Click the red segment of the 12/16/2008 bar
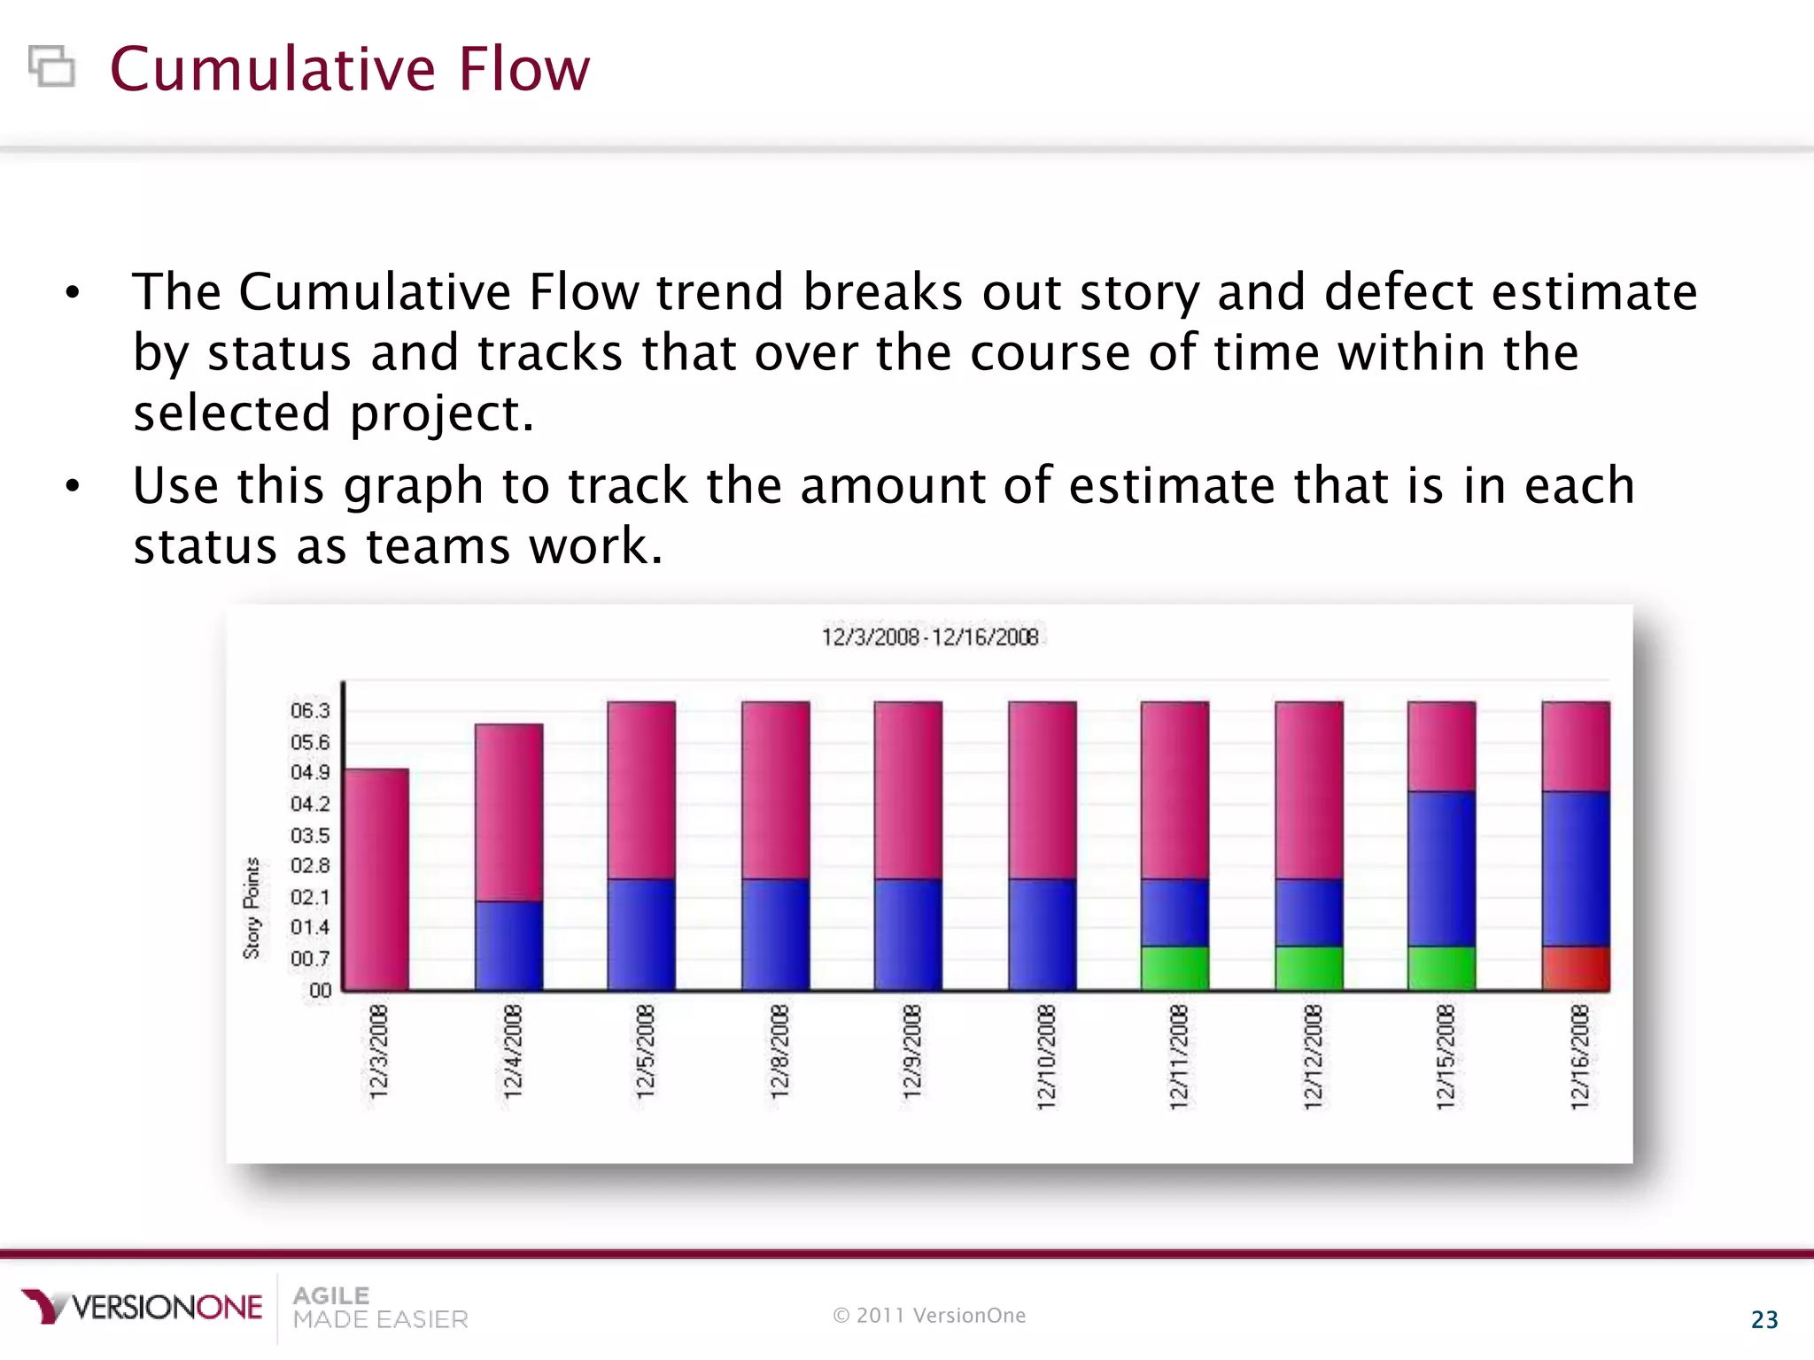point(1576,968)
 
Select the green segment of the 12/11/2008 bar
point(1174,968)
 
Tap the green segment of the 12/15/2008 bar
point(1442,968)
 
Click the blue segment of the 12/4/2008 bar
point(508,945)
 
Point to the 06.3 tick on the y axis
point(310,711)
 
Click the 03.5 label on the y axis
point(310,835)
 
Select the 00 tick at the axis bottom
point(320,990)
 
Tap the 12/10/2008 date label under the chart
point(1046,1055)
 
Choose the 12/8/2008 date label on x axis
point(779,1051)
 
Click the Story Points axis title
point(252,908)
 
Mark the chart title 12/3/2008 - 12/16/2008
point(929,637)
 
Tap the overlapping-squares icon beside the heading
point(51,66)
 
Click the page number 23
point(1764,1319)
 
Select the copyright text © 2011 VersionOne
point(929,1316)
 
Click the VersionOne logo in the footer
point(142,1307)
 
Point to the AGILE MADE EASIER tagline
point(379,1308)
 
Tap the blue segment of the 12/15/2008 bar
point(1442,868)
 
